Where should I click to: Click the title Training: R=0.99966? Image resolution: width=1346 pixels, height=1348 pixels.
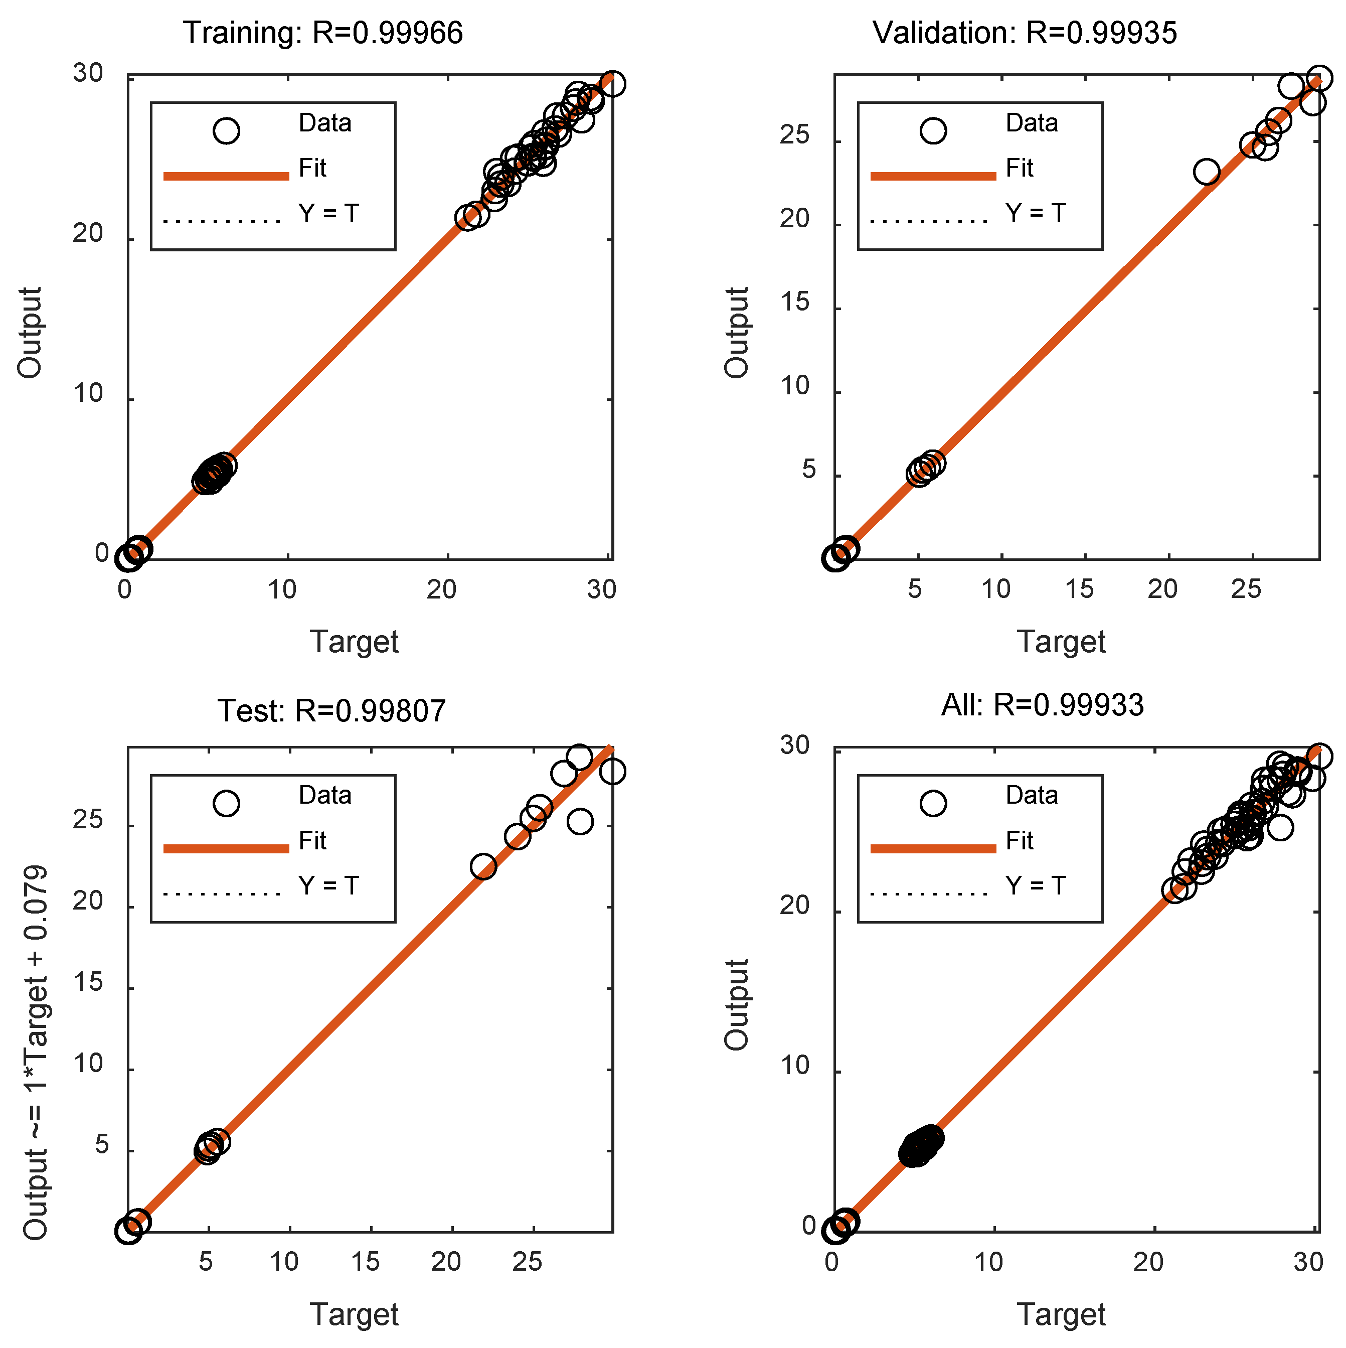(323, 33)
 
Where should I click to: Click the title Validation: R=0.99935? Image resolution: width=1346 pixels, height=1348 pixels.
(1025, 33)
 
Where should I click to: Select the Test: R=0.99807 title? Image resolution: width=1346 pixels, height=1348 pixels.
(331, 711)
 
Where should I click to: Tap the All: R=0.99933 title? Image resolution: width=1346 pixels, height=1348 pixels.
(1043, 705)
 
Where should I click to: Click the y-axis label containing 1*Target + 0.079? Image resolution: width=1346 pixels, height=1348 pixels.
(35, 1054)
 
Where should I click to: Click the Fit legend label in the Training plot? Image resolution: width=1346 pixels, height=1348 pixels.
(312, 168)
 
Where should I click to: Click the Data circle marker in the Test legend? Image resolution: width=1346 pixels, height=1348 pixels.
(226, 803)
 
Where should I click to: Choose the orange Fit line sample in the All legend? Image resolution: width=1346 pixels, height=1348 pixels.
(933, 848)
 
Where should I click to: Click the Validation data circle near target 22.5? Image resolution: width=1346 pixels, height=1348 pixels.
(1207, 172)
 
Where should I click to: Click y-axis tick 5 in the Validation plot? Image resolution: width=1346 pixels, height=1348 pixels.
(808, 470)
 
